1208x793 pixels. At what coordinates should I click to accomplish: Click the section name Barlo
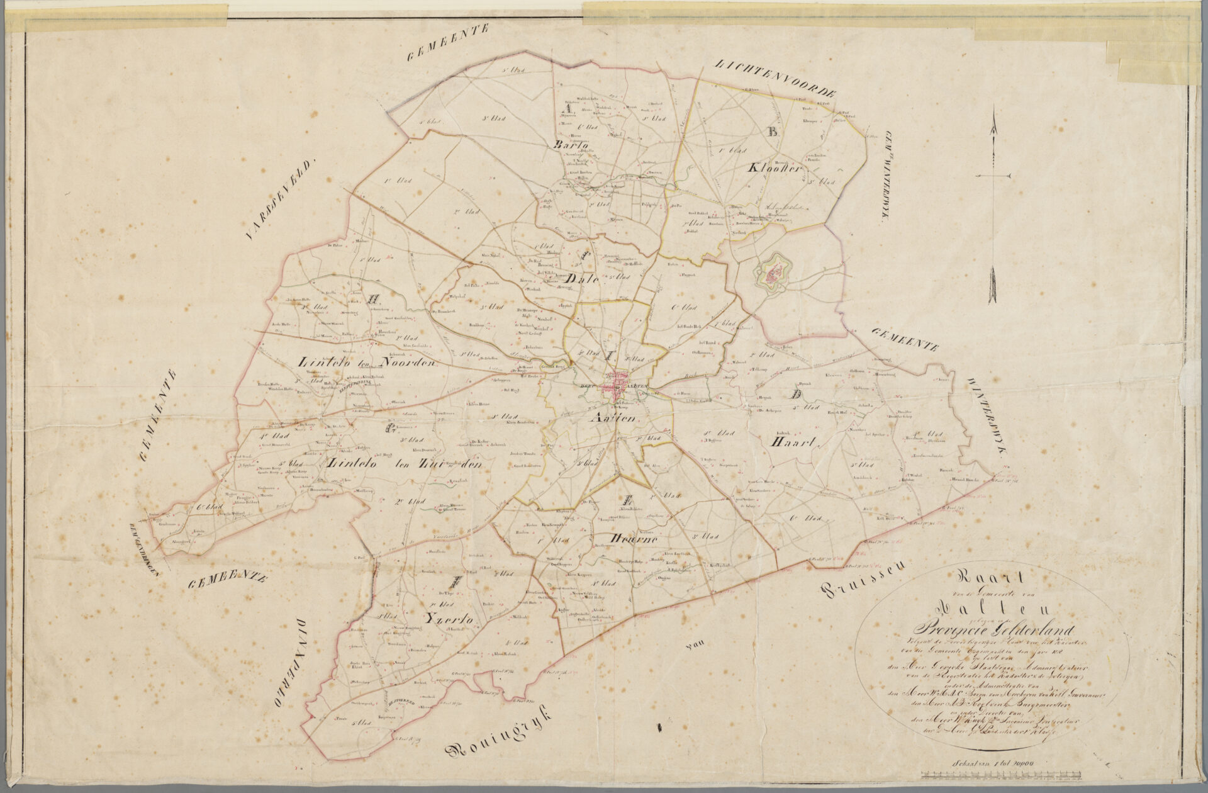(x=569, y=145)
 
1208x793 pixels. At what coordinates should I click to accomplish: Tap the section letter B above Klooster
(x=773, y=133)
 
